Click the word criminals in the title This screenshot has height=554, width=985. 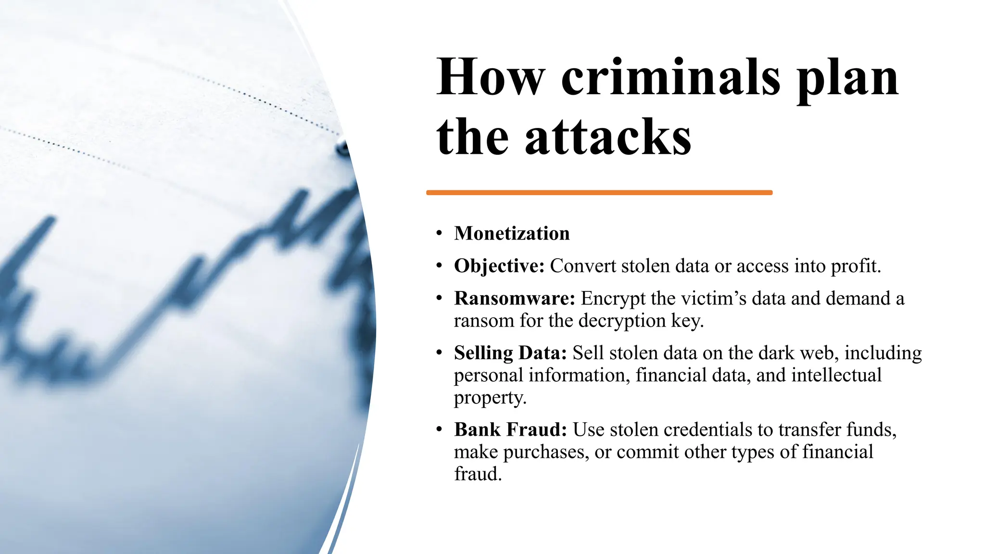[x=670, y=78]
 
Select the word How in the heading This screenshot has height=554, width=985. [x=490, y=78]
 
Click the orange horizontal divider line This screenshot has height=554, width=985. [x=599, y=193]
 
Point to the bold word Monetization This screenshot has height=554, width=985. [x=512, y=234]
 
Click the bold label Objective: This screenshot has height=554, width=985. [x=499, y=266]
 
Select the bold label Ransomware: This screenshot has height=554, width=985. [x=514, y=299]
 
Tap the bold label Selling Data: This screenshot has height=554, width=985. [x=510, y=353]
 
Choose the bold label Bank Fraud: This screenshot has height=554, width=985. [x=510, y=430]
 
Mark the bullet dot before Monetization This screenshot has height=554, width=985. [x=439, y=234]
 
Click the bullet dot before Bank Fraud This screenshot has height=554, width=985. [x=439, y=430]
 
